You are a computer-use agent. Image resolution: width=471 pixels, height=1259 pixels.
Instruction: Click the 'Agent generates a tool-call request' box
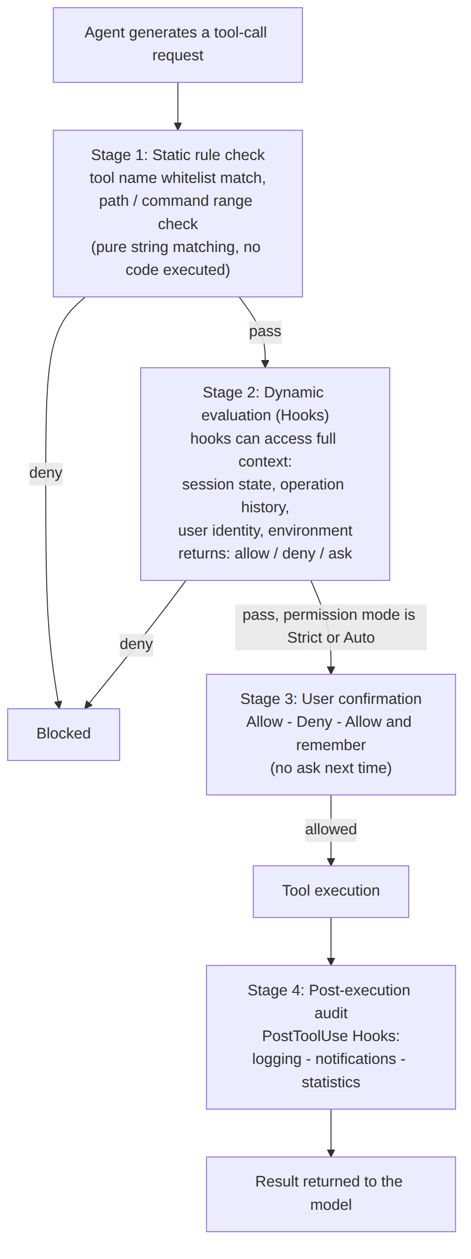coord(178,45)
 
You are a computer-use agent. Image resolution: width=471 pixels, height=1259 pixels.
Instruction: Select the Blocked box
coord(64,734)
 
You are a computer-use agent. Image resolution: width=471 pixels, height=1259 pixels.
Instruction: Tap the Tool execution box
coord(331,891)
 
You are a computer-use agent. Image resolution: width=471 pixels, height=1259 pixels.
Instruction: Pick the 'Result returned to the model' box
coord(331,1193)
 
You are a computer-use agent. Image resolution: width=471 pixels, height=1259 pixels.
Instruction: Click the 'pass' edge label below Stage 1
coord(265,332)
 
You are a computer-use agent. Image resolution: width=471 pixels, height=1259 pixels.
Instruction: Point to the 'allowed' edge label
coord(331,829)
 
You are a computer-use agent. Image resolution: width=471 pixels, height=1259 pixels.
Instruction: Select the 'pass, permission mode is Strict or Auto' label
coord(331,627)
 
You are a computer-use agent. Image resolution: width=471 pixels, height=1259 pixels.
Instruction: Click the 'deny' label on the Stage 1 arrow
coord(46,473)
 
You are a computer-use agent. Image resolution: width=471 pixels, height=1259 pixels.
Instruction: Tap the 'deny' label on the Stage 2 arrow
coord(136,644)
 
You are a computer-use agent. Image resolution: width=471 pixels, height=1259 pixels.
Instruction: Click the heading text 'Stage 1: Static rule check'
coord(178,155)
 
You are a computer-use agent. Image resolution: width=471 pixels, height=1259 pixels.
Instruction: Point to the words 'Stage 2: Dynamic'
coord(263,393)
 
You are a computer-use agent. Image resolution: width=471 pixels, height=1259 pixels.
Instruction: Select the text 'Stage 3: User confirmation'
coord(331,699)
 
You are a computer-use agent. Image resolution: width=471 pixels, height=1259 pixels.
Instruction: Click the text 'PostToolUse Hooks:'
coord(331,1036)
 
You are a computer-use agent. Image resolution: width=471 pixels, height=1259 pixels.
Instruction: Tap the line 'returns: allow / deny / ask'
coord(265,553)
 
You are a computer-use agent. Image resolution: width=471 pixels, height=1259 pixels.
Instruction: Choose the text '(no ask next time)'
coord(331,768)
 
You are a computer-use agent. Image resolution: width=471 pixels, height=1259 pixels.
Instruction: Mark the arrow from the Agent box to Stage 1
coord(178,107)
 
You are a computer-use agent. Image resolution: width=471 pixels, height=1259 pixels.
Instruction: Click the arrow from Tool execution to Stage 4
coord(331,941)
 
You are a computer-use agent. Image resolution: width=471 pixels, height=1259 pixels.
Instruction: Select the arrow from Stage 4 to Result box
coord(331,1133)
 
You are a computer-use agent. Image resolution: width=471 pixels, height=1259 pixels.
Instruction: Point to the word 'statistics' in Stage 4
coord(331,1082)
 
